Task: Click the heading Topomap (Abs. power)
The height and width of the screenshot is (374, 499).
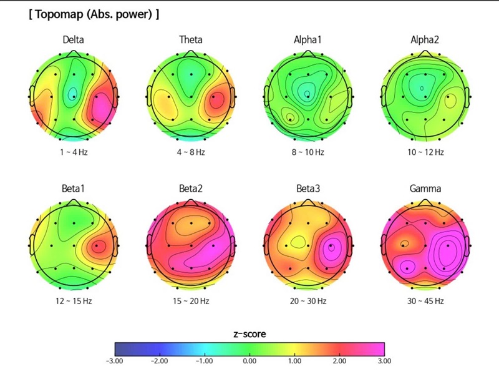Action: tap(94, 14)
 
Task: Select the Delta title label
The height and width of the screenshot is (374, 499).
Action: tap(74, 40)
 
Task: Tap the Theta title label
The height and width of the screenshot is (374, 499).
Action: tap(191, 40)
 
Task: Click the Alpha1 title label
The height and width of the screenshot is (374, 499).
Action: tap(308, 40)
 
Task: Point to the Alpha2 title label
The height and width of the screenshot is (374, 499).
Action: tap(425, 40)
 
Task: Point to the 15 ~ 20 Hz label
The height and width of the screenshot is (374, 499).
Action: tap(191, 301)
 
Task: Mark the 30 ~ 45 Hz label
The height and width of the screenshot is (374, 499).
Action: tap(425, 301)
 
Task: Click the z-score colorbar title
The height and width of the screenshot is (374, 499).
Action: tap(249, 334)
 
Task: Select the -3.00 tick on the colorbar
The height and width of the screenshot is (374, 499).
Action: tap(115, 360)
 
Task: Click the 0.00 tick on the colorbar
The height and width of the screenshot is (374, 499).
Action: tap(249, 360)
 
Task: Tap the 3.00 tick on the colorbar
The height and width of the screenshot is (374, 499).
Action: tap(384, 360)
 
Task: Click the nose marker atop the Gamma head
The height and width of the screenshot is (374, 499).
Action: tap(425, 202)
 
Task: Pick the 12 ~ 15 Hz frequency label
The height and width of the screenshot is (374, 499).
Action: tap(74, 301)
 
